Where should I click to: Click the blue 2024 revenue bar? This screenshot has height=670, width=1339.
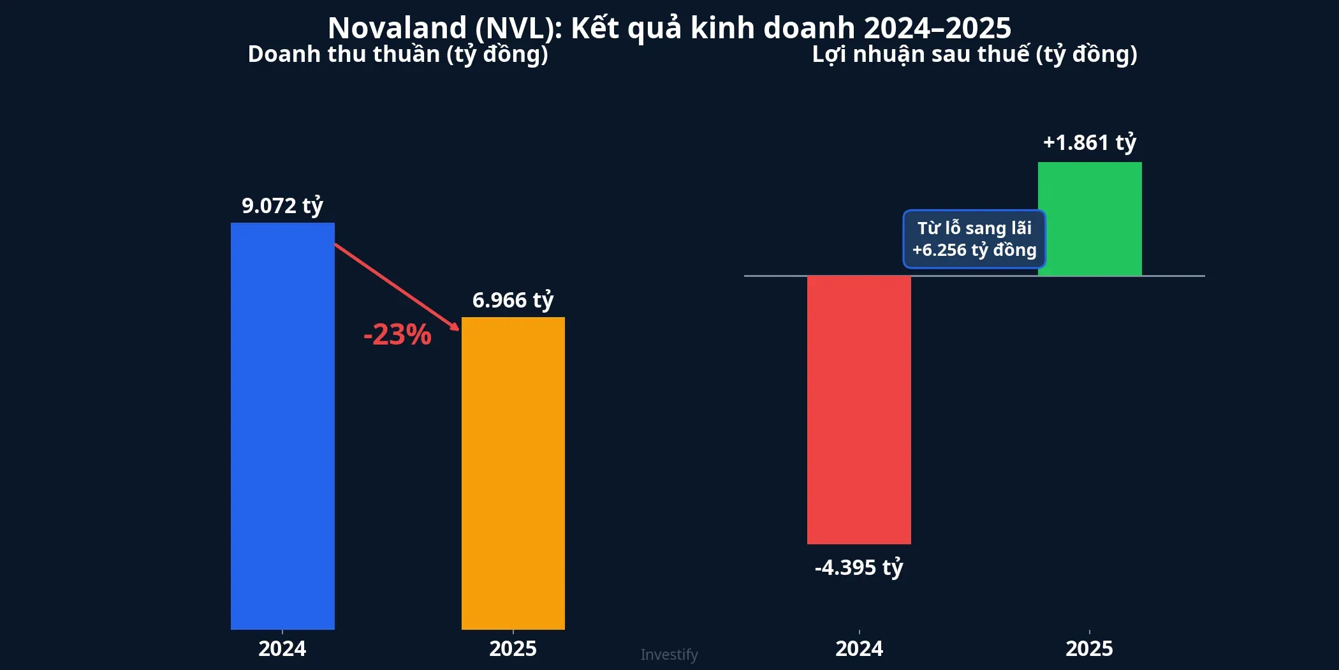tap(282, 426)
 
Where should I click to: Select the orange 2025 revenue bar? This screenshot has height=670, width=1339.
tap(513, 473)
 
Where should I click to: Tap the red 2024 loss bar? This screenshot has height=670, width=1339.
tap(859, 410)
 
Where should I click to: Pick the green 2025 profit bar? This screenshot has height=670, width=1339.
tap(1090, 219)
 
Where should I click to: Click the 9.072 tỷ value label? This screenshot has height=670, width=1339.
tap(282, 206)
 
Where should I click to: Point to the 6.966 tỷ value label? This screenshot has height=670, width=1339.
tap(513, 301)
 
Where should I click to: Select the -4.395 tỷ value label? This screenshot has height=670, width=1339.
tap(859, 567)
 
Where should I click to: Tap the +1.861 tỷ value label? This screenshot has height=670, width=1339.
tap(1090, 142)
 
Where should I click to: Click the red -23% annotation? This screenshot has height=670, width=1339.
tap(397, 335)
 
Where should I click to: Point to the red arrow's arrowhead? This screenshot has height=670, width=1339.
tap(455, 327)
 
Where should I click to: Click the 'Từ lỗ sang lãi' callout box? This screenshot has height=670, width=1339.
tap(974, 239)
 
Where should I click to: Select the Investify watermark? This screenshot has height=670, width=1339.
tap(669, 655)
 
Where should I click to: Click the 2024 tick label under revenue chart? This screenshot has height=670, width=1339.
tap(282, 649)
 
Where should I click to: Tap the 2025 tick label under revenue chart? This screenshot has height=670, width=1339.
tap(513, 649)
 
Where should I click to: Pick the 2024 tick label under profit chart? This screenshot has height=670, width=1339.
tap(859, 649)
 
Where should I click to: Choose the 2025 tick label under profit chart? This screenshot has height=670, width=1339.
tap(1090, 649)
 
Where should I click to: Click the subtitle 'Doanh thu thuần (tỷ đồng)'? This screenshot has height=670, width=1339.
tap(398, 55)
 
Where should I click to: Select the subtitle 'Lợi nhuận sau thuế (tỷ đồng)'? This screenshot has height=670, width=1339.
tap(974, 55)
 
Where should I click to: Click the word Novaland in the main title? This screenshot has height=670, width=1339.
tap(397, 28)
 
